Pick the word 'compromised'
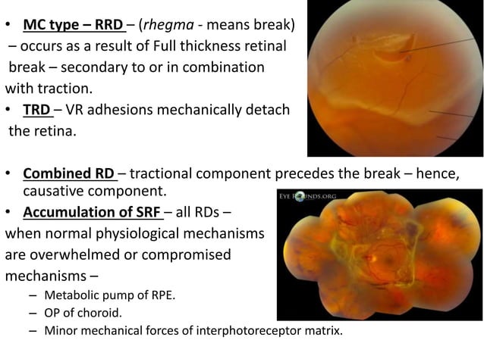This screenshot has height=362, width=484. [188, 254]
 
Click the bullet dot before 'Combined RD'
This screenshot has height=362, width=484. [10, 175]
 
